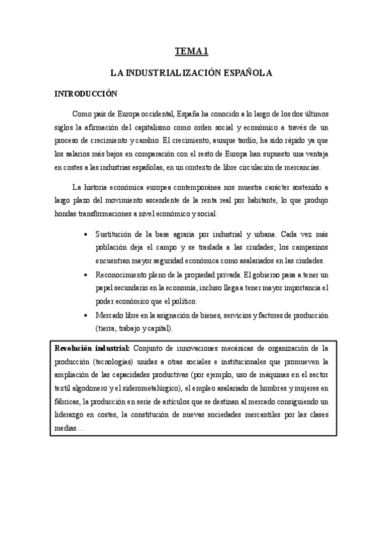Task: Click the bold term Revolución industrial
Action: click(x=92, y=348)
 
